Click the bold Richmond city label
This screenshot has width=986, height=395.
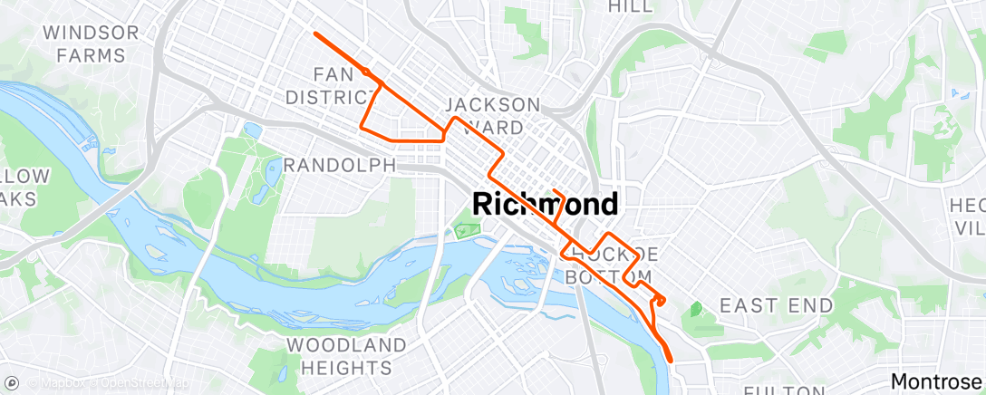click(546, 204)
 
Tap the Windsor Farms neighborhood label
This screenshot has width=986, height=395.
click(91, 44)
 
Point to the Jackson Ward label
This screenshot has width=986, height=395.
click(492, 115)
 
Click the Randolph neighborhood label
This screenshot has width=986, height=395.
click(340, 165)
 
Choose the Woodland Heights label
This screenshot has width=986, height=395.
click(347, 356)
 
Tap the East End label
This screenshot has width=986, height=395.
click(776, 305)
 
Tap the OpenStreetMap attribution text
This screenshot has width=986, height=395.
click(144, 382)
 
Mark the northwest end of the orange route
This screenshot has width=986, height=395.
click(315, 34)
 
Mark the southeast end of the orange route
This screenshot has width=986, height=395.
click(672, 360)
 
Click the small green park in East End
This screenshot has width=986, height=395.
click(695, 310)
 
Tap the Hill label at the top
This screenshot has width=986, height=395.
click(631, 6)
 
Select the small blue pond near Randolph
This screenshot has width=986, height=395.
click(253, 130)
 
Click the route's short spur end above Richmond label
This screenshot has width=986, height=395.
click(553, 189)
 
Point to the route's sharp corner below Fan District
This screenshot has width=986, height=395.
click(362, 126)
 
